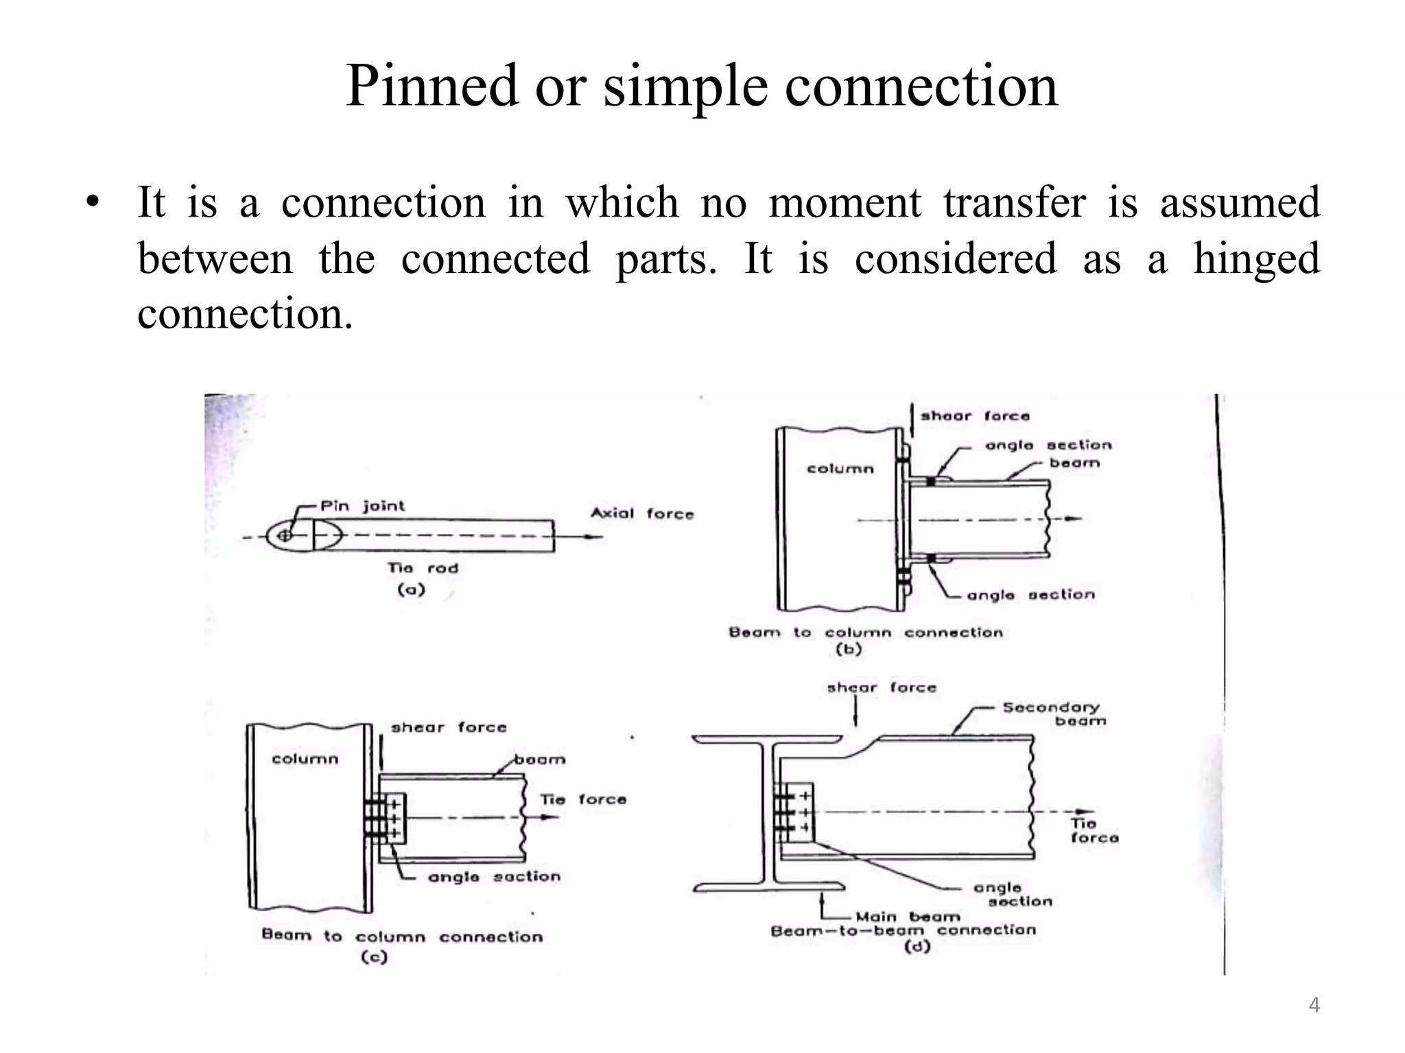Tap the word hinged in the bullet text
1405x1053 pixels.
(x=1255, y=258)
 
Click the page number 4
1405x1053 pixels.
(x=1314, y=1005)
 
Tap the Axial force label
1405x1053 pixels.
(x=641, y=513)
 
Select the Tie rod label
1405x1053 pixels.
(x=422, y=568)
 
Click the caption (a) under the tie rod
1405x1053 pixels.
(x=411, y=589)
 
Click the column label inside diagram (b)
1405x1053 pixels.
(x=840, y=469)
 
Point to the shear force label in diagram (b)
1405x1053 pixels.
(x=974, y=415)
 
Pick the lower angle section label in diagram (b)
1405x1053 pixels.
(x=1030, y=594)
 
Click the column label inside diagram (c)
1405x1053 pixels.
(x=305, y=759)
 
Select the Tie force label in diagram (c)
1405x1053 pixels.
(x=582, y=799)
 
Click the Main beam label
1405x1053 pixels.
(x=907, y=917)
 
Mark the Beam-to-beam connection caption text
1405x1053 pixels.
(x=903, y=930)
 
